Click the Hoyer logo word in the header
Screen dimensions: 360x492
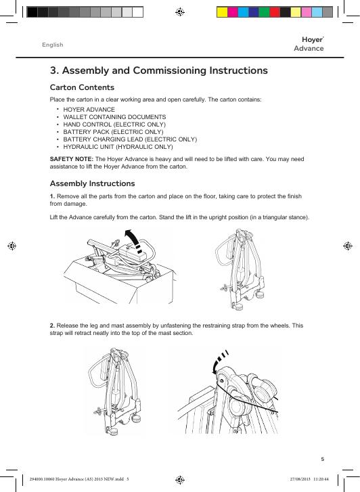[312, 40]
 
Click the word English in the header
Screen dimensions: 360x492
[53, 45]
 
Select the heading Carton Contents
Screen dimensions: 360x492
[82, 87]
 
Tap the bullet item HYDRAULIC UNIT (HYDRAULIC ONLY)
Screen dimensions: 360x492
[118, 147]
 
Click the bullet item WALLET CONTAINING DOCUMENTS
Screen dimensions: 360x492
[114, 117]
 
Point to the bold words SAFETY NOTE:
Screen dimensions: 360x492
[72, 159]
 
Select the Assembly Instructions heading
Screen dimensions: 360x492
[92, 183]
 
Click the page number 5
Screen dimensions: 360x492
[322, 459]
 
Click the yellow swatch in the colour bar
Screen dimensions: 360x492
[222, 12]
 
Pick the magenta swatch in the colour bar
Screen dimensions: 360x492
[233, 12]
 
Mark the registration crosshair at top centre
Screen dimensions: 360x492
[180, 12]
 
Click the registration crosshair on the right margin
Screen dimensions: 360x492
[348, 246]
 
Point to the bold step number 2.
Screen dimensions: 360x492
[52, 326]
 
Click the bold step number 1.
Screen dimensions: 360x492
[52, 196]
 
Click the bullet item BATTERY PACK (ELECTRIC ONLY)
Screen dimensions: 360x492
[113, 132]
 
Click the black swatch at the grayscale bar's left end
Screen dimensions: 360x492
[32, 12]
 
